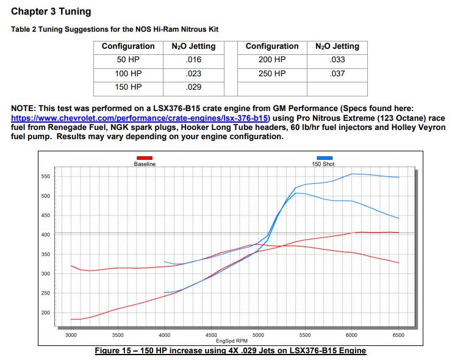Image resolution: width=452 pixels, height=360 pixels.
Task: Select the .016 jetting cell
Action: coord(193,60)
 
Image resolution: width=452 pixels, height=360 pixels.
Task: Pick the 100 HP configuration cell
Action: coord(129,73)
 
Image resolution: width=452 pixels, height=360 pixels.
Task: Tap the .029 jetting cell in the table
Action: coord(193,87)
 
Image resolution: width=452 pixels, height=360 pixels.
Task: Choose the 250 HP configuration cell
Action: coord(272,73)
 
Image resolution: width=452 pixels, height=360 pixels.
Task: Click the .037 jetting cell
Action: coord(337,73)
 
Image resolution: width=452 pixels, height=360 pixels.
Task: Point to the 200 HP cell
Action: coord(272,60)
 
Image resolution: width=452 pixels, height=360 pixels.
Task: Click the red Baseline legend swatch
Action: coord(145,157)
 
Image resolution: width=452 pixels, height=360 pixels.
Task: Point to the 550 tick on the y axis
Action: coord(45,176)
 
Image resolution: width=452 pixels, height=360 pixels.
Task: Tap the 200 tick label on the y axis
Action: coord(45,313)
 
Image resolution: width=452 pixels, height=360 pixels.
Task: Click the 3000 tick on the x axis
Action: coord(71,335)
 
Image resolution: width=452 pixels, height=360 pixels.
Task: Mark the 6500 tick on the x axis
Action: coord(398,335)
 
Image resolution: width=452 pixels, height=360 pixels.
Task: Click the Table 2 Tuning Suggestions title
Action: coord(115,29)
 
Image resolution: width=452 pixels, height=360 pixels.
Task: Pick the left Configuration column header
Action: coord(129,46)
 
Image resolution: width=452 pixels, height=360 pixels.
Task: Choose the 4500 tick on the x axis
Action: coord(212,335)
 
